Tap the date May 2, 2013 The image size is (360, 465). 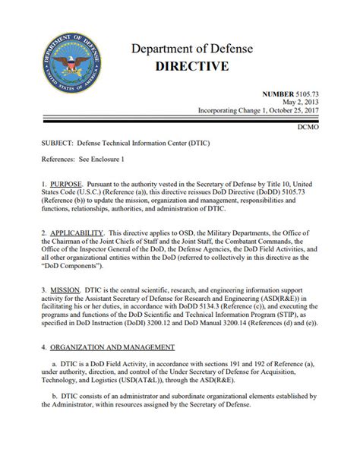pos(324,102)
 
